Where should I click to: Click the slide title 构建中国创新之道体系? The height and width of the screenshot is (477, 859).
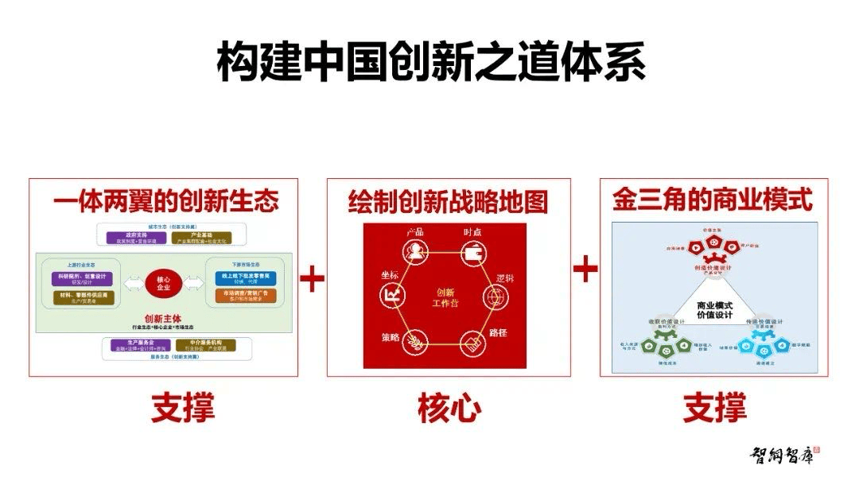coord(430,62)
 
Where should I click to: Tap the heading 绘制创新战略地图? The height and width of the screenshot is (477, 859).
coord(448,202)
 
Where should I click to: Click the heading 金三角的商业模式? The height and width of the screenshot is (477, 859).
coord(713,200)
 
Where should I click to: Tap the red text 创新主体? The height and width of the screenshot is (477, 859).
coord(163,317)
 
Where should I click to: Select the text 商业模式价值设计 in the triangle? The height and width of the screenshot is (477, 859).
coord(713,310)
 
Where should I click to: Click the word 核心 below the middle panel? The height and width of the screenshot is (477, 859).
coord(449,409)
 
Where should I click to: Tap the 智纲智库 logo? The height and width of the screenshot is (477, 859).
coord(784,455)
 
